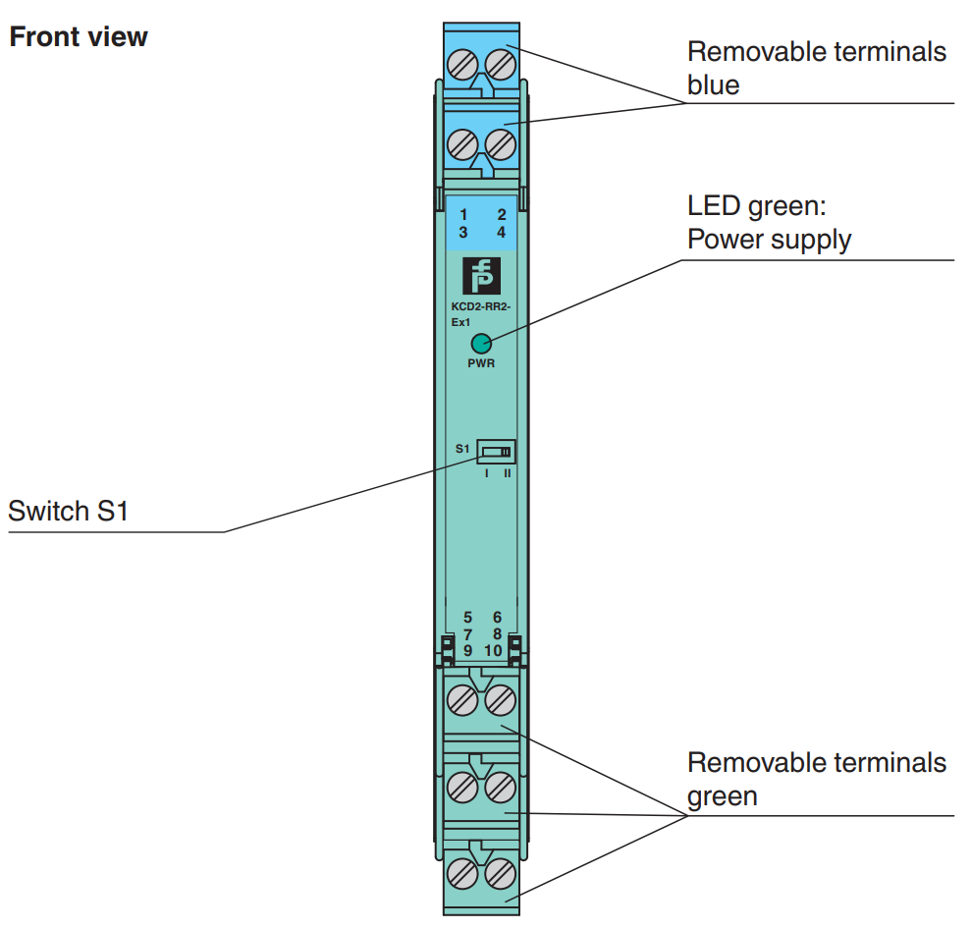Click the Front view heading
point(79,37)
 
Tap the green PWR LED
point(481,344)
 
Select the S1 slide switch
point(496,452)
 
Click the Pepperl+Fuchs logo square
point(481,276)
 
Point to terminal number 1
point(463,214)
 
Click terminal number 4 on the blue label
point(501,233)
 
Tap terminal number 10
point(494,650)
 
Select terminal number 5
point(468,617)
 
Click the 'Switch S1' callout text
point(69,512)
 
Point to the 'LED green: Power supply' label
point(769,223)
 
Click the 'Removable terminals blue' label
point(816,68)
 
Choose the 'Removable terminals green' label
point(816,778)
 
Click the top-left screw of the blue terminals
point(462,66)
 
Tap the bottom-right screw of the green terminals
point(501,872)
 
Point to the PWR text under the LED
point(481,362)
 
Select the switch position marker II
point(508,472)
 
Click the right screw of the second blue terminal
point(501,144)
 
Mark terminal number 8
point(498,633)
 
